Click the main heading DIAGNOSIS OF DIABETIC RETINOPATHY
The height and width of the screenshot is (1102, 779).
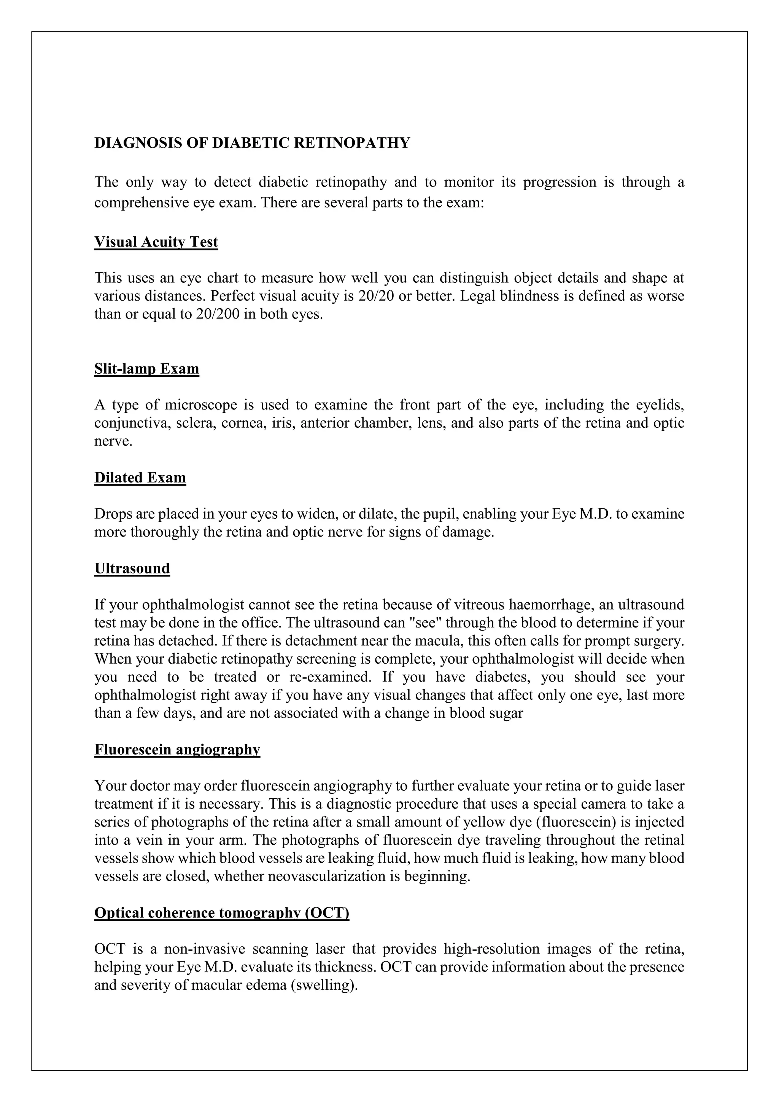click(252, 143)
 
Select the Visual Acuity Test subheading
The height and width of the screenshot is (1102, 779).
click(156, 242)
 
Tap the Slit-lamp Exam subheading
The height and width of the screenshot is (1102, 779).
click(146, 369)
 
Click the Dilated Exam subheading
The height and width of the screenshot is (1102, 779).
click(140, 478)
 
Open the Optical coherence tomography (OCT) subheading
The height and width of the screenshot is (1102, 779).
click(222, 912)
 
